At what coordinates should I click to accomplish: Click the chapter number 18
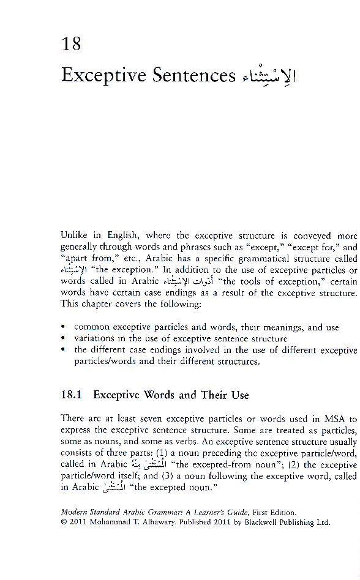[71, 44]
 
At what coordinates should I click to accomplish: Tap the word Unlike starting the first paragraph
[73, 236]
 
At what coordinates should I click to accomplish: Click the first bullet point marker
[64, 327]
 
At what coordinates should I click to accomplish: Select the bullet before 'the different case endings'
[64, 350]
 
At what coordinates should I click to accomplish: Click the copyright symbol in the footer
[64, 522]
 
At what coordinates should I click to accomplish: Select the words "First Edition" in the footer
[277, 513]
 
